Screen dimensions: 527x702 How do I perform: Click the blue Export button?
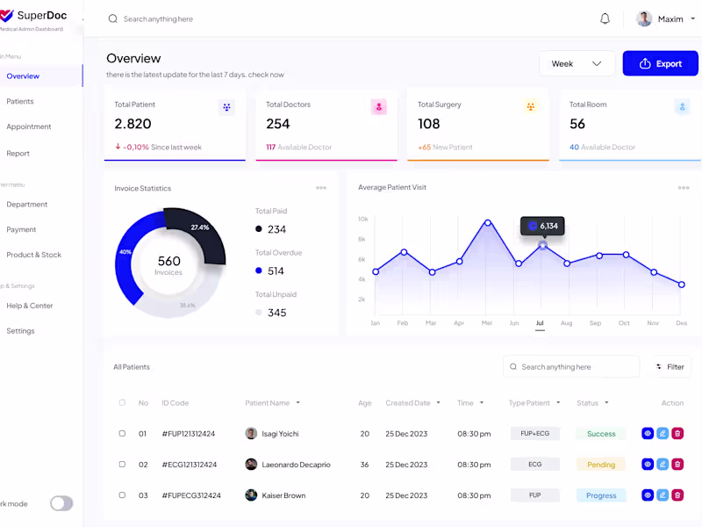(x=660, y=63)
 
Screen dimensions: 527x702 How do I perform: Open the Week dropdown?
(x=577, y=63)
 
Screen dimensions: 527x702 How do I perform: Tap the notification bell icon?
(x=605, y=18)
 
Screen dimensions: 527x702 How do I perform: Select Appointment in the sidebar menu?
(x=29, y=126)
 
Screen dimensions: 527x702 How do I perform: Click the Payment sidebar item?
(x=21, y=229)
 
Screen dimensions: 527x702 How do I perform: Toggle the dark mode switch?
(x=61, y=503)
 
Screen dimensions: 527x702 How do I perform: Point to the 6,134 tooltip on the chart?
(x=541, y=226)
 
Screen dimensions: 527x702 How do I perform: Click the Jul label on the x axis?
(x=540, y=323)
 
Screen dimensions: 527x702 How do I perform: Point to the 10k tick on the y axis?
(x=362, y=219)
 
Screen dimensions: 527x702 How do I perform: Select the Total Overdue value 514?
(x=276, y=271)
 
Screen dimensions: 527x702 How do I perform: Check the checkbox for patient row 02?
(x=122, y=464)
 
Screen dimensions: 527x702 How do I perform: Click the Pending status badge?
(x=601, y=464)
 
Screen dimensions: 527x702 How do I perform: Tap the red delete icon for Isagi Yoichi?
(x=677, y=433)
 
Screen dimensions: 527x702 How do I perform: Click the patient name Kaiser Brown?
(x=283, y=495)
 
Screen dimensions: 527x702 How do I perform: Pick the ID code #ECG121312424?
(x=189, y=464)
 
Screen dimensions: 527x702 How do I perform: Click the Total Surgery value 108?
(x=429, y=124)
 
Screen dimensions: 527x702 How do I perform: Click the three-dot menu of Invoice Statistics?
(x=321, y=188)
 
